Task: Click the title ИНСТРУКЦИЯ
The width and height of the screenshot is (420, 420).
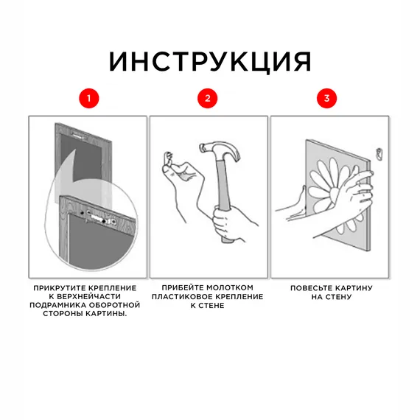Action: click(210, 61)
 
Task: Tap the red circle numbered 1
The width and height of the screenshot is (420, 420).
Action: click(88, 98)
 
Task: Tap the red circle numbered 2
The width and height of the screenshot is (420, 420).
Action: click(209, 98)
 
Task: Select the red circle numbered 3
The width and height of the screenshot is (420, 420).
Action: click(328, 98)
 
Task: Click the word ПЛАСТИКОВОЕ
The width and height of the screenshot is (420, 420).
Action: click(181, 296)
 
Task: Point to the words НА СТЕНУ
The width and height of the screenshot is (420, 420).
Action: click(331, 297)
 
